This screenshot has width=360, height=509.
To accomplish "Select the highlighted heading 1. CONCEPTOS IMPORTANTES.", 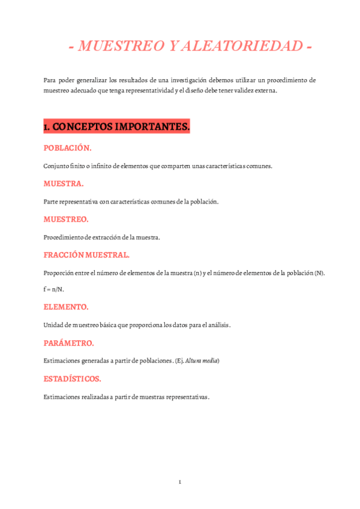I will click(x=116, y=127).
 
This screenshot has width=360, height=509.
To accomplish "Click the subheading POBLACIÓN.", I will click(x=67, y=148).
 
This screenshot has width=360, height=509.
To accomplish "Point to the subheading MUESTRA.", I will click(x=64, y=184).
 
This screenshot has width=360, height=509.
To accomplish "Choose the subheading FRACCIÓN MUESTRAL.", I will click(x=86, y=255).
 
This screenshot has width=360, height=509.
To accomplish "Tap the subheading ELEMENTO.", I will click(x=66, y=307).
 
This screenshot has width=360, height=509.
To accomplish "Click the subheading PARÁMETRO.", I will click(x=69, y=343).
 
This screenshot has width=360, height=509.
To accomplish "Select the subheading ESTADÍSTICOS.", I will click(x=73, y=379).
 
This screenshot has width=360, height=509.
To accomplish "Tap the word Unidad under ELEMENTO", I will click(x=52, y=325).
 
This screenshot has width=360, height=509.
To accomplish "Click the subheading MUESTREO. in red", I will click(x=66, y=220).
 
